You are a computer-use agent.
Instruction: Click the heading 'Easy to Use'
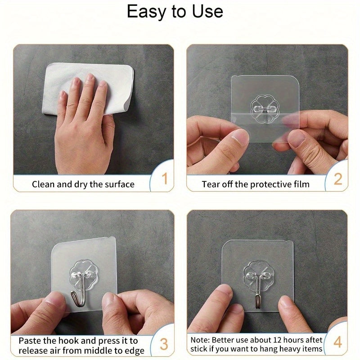(175, 12)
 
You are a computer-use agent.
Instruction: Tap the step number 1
(164, 179)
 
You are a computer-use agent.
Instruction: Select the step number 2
(337, 179)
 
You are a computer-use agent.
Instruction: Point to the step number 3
(164, 344)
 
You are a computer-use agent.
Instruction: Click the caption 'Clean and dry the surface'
(83, 184)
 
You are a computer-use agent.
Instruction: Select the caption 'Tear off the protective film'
(255, 184)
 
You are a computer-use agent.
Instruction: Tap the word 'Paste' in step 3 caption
(31, 341)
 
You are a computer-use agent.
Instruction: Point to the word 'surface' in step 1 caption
(119, 184)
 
